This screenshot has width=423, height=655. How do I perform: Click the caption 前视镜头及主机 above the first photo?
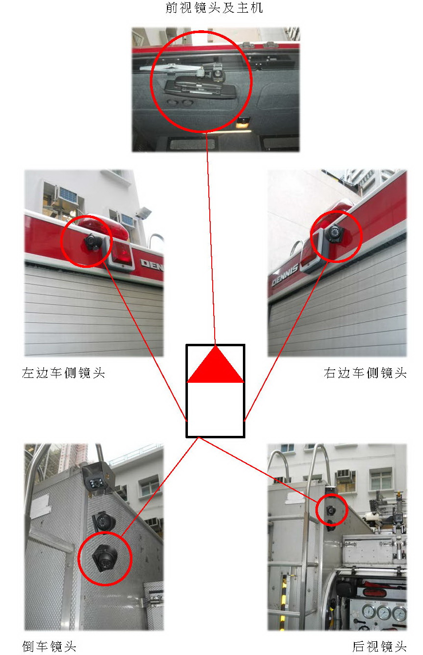214,8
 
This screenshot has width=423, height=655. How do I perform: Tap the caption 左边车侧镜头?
63,373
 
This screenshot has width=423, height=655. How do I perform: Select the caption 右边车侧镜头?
365,373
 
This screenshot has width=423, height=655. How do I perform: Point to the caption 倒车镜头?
49,647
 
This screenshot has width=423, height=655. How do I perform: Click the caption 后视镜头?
380,647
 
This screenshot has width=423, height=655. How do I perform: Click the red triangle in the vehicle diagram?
216,365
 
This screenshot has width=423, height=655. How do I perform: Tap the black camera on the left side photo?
92,242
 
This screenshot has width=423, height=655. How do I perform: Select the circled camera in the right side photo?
334,233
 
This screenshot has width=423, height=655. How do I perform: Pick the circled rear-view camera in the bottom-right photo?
331,510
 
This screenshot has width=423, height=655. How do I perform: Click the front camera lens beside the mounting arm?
217,72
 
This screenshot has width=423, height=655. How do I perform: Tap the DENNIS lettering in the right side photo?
285,274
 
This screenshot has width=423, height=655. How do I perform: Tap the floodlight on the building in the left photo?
144,213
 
